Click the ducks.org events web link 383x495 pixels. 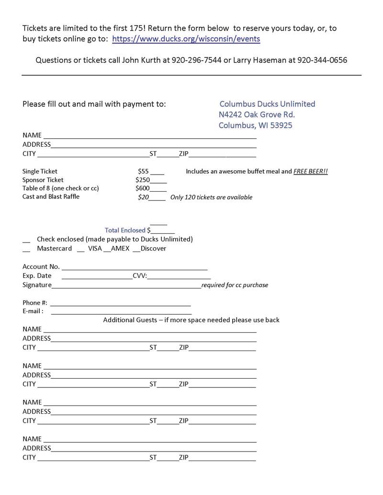[186, 39]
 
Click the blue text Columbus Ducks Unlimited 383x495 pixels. [267, 104]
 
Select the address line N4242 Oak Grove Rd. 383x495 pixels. [257, 115]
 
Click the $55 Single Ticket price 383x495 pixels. [143, 171]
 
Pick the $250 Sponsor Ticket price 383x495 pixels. [143, 180]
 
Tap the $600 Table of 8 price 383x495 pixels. [143, 188]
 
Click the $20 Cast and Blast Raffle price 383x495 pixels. [143, 197]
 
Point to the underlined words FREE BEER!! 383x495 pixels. [310, 171]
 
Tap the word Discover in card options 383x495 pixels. [153, 249]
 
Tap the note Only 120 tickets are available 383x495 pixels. [211, 197]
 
